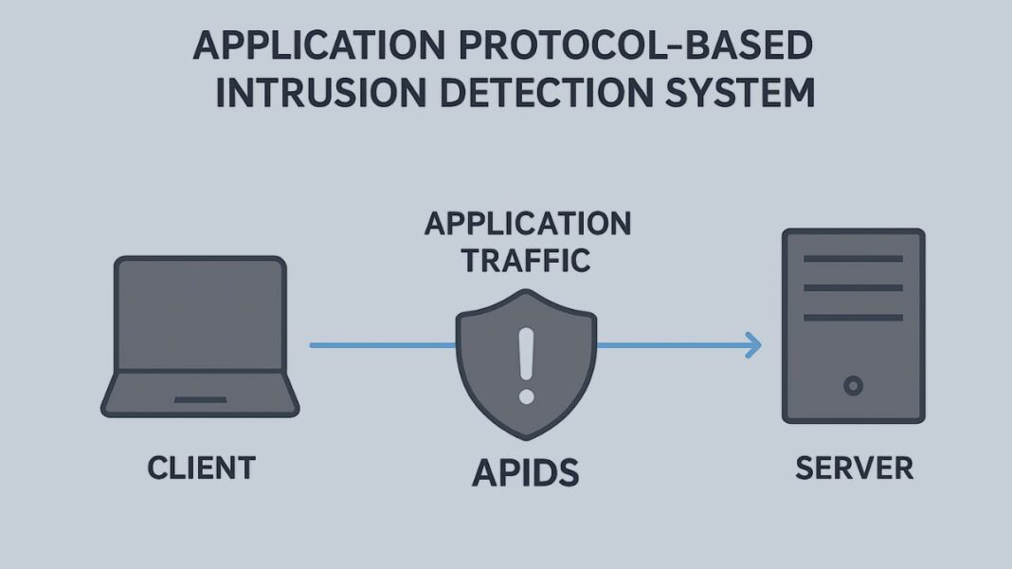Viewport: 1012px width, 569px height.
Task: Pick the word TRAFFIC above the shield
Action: click(526, 259)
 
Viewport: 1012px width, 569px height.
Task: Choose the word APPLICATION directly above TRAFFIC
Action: click(527, 224)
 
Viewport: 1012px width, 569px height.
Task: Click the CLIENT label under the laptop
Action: click(201, 468)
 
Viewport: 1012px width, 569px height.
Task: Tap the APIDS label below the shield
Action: click(526, 471)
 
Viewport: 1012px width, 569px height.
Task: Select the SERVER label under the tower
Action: click(854, 468)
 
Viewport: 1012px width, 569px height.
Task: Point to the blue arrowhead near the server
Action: click(753, 346)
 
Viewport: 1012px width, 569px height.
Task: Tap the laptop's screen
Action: click(200, 312)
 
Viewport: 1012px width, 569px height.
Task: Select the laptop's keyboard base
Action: click(200, 394)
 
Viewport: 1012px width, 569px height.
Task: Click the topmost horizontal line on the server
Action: click(853, 259)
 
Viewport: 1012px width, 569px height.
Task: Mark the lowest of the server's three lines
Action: click(853, 317)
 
